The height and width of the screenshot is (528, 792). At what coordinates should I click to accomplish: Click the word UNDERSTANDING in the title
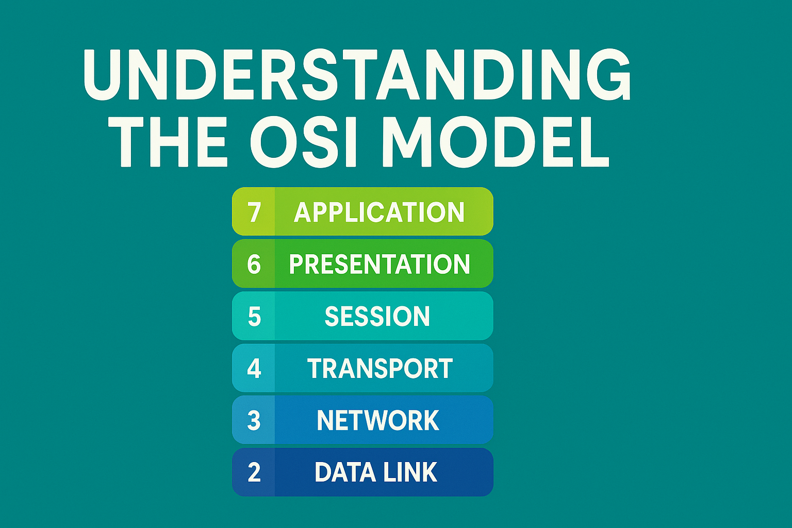click(x=357, y=74)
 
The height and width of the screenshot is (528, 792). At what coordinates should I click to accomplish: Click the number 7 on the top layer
click(x=254, y=212)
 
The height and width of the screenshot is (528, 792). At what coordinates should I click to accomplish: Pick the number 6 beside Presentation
click(x=254, y=264)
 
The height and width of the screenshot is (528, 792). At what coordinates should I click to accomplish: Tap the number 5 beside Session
click(x=254, y=316)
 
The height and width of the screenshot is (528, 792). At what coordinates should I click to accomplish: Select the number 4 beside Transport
click(x=254, y=368)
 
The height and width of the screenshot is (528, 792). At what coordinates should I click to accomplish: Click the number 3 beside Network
click(x=254, y=420)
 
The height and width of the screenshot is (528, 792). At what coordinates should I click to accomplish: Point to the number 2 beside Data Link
click(x=254, y=472)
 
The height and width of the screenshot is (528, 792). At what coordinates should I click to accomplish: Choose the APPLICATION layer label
click(x=379, y=212)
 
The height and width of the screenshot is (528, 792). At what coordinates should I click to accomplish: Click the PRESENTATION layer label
click(x=379, y=264)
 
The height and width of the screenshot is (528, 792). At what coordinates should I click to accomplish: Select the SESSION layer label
click(x=377, y=316)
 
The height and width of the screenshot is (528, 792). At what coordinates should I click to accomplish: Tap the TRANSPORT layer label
click(x=379, y=368)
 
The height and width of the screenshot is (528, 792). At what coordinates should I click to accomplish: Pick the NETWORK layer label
click(x=378, y=420)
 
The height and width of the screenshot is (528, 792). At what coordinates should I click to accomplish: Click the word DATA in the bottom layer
click(x=345, y=472)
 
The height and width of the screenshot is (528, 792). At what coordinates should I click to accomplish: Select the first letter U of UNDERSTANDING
click(x=104, y=75)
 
